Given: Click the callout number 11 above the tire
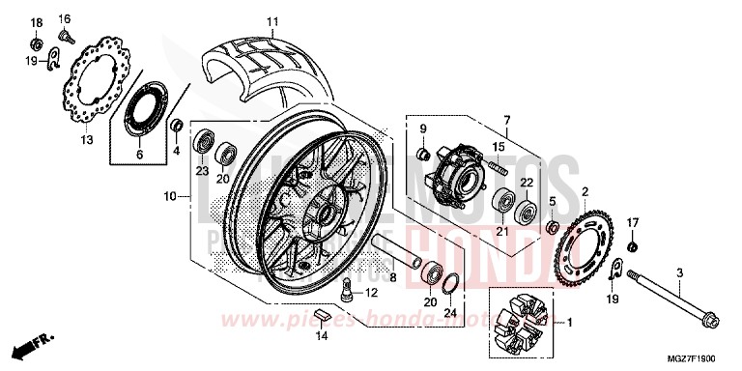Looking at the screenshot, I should point(272,21).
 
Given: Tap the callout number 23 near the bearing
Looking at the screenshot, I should point(202,170).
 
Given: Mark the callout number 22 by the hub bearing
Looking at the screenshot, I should point(528,184).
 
